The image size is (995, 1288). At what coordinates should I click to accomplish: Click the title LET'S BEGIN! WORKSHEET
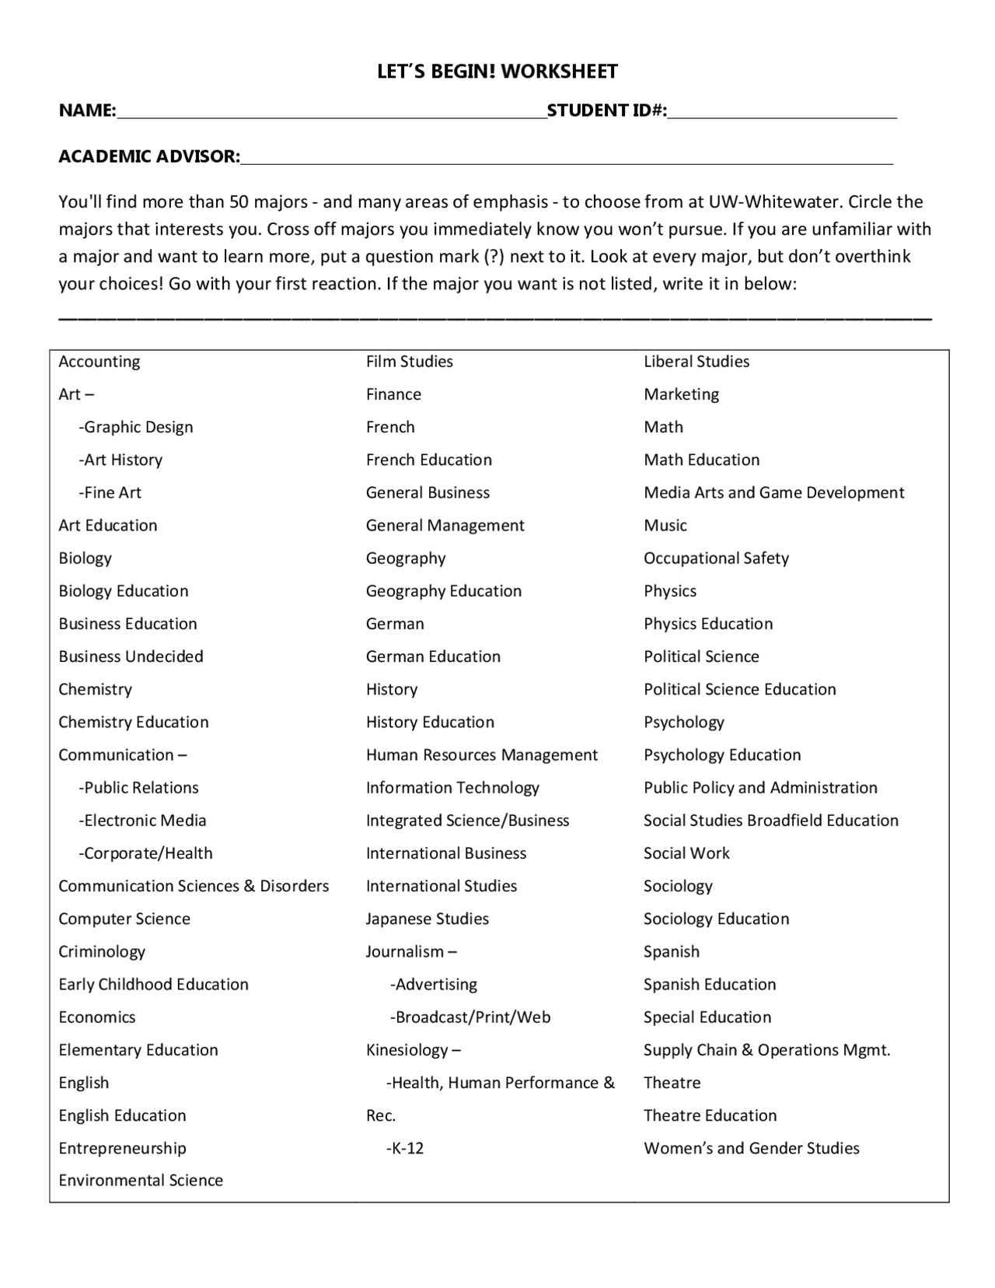pyautogui.click(x=497, y=72)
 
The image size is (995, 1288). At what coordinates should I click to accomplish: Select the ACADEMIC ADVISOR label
pyautogui.click(x=148, y=156)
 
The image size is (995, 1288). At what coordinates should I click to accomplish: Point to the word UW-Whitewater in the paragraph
pyautogui.click(x=774, y=202)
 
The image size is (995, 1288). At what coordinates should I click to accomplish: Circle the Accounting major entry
pyautogui.click(x=99, y=362)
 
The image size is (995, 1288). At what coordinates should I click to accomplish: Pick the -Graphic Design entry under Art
pyautogui.click(x=136, y=427)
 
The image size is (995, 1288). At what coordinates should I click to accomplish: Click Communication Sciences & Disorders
pyautogui.click(x=194, y=886)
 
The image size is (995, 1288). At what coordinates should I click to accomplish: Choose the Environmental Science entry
pyautogui.click(x=141, y=1180)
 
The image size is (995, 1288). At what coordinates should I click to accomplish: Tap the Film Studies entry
pyautogui.click(x=409, y=362)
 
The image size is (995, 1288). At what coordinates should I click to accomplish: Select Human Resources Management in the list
pyautogui.click(x=482, y=754)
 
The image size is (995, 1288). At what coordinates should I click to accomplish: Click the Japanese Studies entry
pyautogui.click(x=427, y=919)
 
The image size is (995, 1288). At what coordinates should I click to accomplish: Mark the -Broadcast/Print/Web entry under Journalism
pyautogui.click(x=470, y=1017)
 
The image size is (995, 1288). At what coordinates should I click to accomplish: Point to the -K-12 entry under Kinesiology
pyautogui.click(x=405, y=1148)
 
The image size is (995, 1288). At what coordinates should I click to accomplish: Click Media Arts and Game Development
pyautogui.click(x=773, y=492)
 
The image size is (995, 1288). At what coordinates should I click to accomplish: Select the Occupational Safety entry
pyautogui.click(x=716, y=558)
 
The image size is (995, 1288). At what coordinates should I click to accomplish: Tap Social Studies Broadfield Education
pyautogui.click(x=770, y=821)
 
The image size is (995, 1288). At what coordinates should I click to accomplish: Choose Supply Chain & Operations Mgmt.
pyautogui.click(x=766, y=1050)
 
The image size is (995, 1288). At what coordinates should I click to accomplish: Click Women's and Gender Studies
pyautogui.click(x=751, y=1148)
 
